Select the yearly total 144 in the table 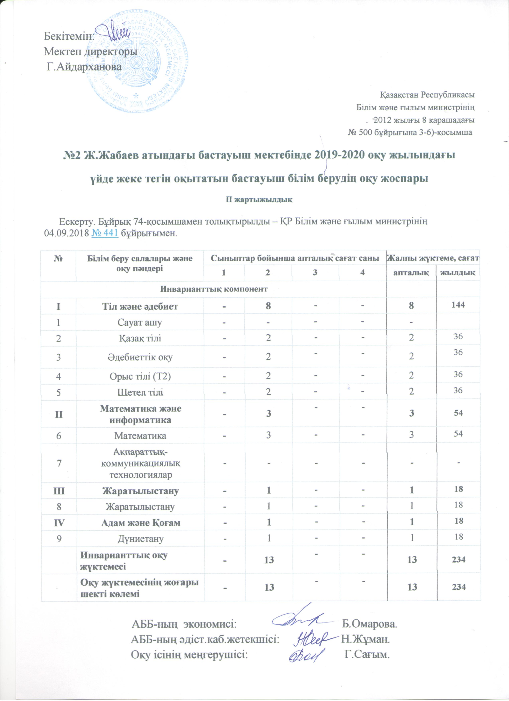coord(458,305)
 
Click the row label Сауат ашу coord(140,322)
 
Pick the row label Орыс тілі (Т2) coord(140,376)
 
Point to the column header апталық coord(411,272)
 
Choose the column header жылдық coord(458,272)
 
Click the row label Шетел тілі coord(140,392)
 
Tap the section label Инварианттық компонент coord(214,289)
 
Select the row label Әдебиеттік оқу coord(140,357)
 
